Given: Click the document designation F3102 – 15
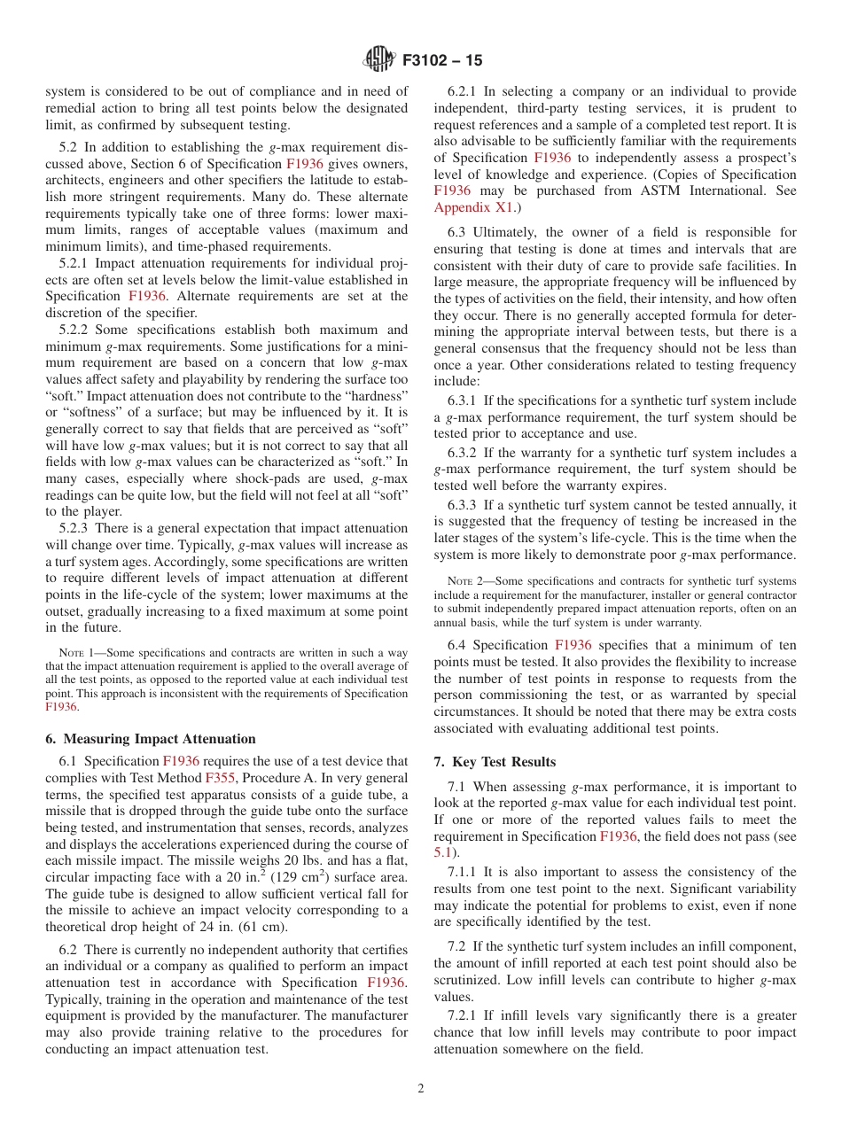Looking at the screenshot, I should pos(442,61).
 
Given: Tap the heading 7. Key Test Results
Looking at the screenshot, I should pos(495,761).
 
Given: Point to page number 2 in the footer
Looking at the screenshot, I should pos(421,1088).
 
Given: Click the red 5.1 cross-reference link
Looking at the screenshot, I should pos(444,852).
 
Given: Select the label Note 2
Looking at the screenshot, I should pos(464,581).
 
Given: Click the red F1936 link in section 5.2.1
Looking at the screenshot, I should pos(146,296).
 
